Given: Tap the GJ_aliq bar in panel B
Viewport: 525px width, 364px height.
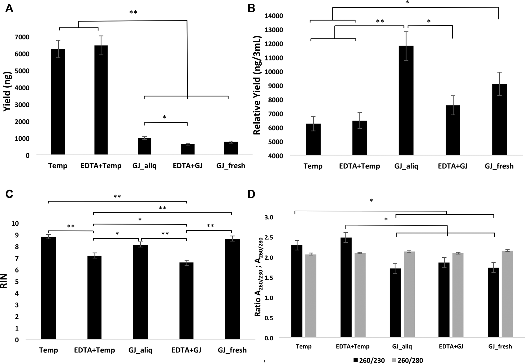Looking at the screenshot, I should coord(406,100).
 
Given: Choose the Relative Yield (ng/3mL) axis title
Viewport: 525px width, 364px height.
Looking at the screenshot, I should coord(257,86).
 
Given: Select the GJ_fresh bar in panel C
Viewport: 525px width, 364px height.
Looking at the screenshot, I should coord(232,289).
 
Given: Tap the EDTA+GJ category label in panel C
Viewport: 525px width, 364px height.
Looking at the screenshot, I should coord(186,350).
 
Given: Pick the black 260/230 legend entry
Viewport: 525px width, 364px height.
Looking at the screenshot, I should coord(369,360).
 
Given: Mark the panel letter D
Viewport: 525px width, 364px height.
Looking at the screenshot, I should coord(251,195).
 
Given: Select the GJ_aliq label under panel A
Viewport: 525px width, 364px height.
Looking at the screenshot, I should coord(144,166).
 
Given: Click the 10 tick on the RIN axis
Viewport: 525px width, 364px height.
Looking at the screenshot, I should coord(15,223).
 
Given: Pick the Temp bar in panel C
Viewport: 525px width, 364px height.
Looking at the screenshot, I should coord(48,288).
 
